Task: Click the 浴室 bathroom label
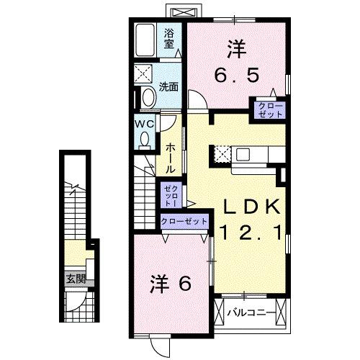[170, 38]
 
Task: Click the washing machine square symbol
[144, 74]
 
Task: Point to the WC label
[143, 122]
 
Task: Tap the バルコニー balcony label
[250, 313]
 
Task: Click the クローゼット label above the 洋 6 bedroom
[184, 222]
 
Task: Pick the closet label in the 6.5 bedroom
[267, 109]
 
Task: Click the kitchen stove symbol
[222, 153]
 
